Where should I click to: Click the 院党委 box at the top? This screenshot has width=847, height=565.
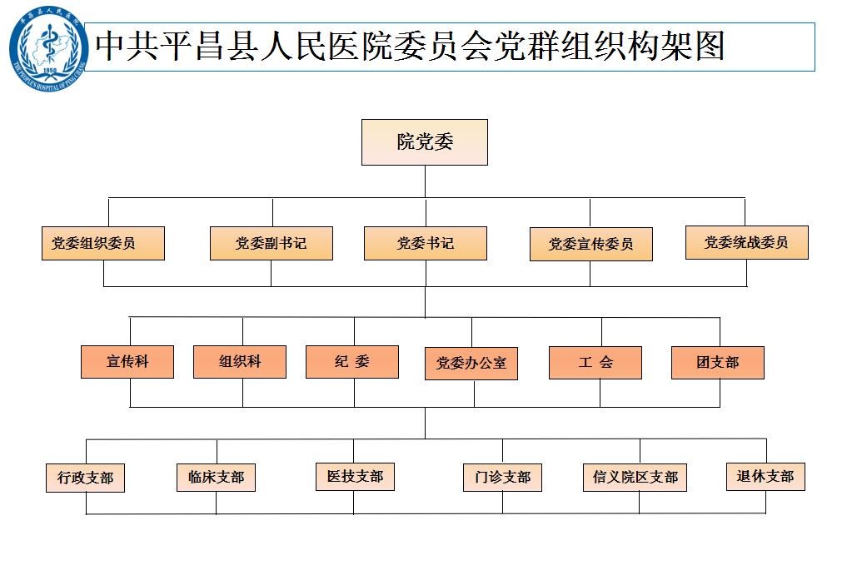424,141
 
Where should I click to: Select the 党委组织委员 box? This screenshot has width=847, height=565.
102,243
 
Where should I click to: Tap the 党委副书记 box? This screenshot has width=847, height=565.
271,243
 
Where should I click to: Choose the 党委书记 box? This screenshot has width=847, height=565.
425,243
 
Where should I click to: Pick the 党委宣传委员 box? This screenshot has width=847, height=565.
590,244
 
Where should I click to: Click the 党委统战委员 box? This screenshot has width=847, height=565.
746,242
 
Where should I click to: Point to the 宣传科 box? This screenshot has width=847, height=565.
127,362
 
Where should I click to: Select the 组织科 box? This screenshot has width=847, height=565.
240,362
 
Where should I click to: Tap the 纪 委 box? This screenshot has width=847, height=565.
352,362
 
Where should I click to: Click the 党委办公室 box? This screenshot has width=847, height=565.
471,364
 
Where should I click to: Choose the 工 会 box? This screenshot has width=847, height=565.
595,363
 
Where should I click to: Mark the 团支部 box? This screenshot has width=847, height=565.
717,363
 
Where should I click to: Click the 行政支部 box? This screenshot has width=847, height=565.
85,478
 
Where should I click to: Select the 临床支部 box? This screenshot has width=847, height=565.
216,478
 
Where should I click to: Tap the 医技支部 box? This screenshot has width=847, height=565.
355,477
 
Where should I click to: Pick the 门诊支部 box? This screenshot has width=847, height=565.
502,478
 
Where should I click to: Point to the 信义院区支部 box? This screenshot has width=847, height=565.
635,478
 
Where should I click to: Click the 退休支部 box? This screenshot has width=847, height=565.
765,477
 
